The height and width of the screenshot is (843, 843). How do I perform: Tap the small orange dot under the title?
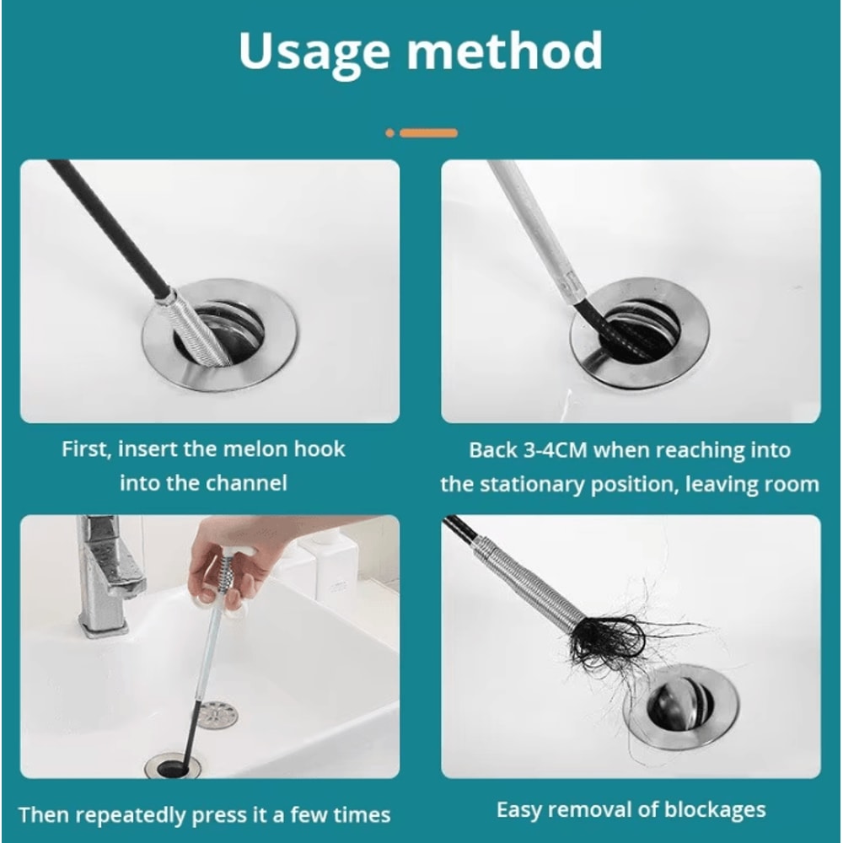click(389, 133)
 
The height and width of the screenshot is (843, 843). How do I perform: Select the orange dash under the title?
click(429, 133)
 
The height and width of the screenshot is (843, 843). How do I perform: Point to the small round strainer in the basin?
click(217, 716)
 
